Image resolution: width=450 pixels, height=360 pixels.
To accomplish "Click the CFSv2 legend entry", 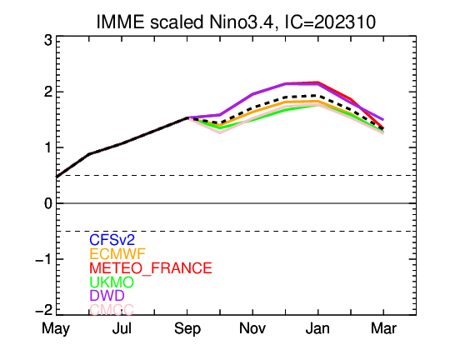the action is (112, 240).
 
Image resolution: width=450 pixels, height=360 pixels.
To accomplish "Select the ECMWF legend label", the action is (117, 254).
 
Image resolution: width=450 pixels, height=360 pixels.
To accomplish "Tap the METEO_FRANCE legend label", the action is (151, 268).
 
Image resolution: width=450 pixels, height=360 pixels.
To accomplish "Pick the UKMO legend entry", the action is (112, 282).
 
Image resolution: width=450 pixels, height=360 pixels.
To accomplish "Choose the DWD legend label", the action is (107, 295).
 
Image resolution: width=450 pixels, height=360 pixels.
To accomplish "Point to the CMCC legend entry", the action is (112, 309).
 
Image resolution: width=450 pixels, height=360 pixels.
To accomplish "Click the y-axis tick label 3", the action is (48, 40).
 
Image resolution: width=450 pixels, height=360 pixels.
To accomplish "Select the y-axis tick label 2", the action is (48, 92).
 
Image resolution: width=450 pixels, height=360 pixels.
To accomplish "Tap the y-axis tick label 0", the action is (48, 203).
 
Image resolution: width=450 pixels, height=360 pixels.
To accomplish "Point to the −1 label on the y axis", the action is (44, 259).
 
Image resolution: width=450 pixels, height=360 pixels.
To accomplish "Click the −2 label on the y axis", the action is (44, 310).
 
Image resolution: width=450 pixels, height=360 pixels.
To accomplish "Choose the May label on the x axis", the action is (56, 329).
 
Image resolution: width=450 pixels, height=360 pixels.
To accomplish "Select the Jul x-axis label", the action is (122, 328).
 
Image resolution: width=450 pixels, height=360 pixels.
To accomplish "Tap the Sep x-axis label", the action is (187, 329).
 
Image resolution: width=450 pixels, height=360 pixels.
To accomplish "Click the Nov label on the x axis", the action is (252, 328).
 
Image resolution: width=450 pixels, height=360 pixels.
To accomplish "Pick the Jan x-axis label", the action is (317, 328).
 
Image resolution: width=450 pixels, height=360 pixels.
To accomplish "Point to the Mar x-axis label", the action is (383, 328).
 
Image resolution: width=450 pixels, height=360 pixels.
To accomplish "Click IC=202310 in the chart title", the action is (330, 22).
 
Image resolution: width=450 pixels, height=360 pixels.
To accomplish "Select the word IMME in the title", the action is (120, 22).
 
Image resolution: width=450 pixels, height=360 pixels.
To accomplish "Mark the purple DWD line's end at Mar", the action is (383, 120).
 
